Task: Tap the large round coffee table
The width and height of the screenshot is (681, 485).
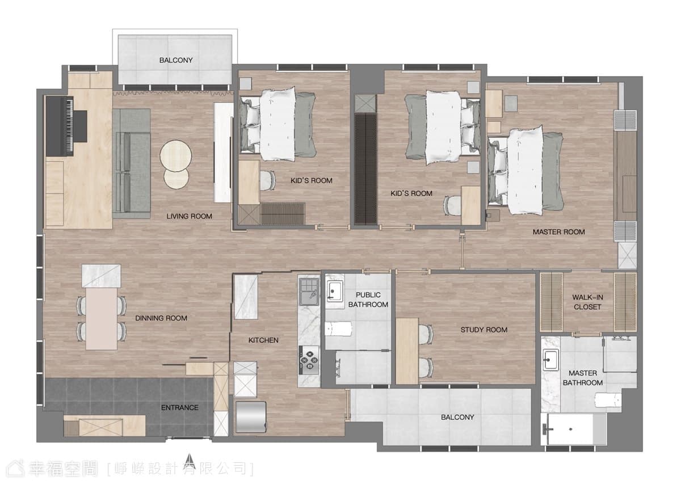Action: (x=176, y=155)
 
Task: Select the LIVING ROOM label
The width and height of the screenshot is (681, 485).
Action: (x=189, y=216)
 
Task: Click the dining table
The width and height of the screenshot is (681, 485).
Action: (x=102, y=318)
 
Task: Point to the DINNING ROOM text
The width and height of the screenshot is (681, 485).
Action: (x=161, y=318)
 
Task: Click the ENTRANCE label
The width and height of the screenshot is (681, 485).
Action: (x=180, y=407)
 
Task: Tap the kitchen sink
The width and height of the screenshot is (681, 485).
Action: (x=309, y=292)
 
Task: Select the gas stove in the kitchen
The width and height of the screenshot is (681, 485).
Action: (x=309, y=360)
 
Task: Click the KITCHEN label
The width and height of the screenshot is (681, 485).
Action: (x=263, y=340)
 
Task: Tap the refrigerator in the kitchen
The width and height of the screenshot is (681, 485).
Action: (x=251, y=417)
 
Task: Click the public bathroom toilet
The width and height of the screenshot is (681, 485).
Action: (x=338, y=329)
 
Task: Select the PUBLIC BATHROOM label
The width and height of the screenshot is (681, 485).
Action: (x=368, y=300)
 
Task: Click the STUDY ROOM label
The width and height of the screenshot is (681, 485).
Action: (x=484, y=330)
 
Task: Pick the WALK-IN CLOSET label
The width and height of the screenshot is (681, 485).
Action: (x=587, y=302)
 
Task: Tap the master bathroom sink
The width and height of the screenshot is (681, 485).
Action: (x=551, y=360)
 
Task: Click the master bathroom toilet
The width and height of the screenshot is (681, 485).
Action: (x=607, y=400)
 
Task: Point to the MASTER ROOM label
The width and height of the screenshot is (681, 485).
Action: (x=559, y=232)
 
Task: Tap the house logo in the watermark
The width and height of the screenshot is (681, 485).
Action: (x=16, y=469)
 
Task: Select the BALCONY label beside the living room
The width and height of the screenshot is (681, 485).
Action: (x=176, y=60)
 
